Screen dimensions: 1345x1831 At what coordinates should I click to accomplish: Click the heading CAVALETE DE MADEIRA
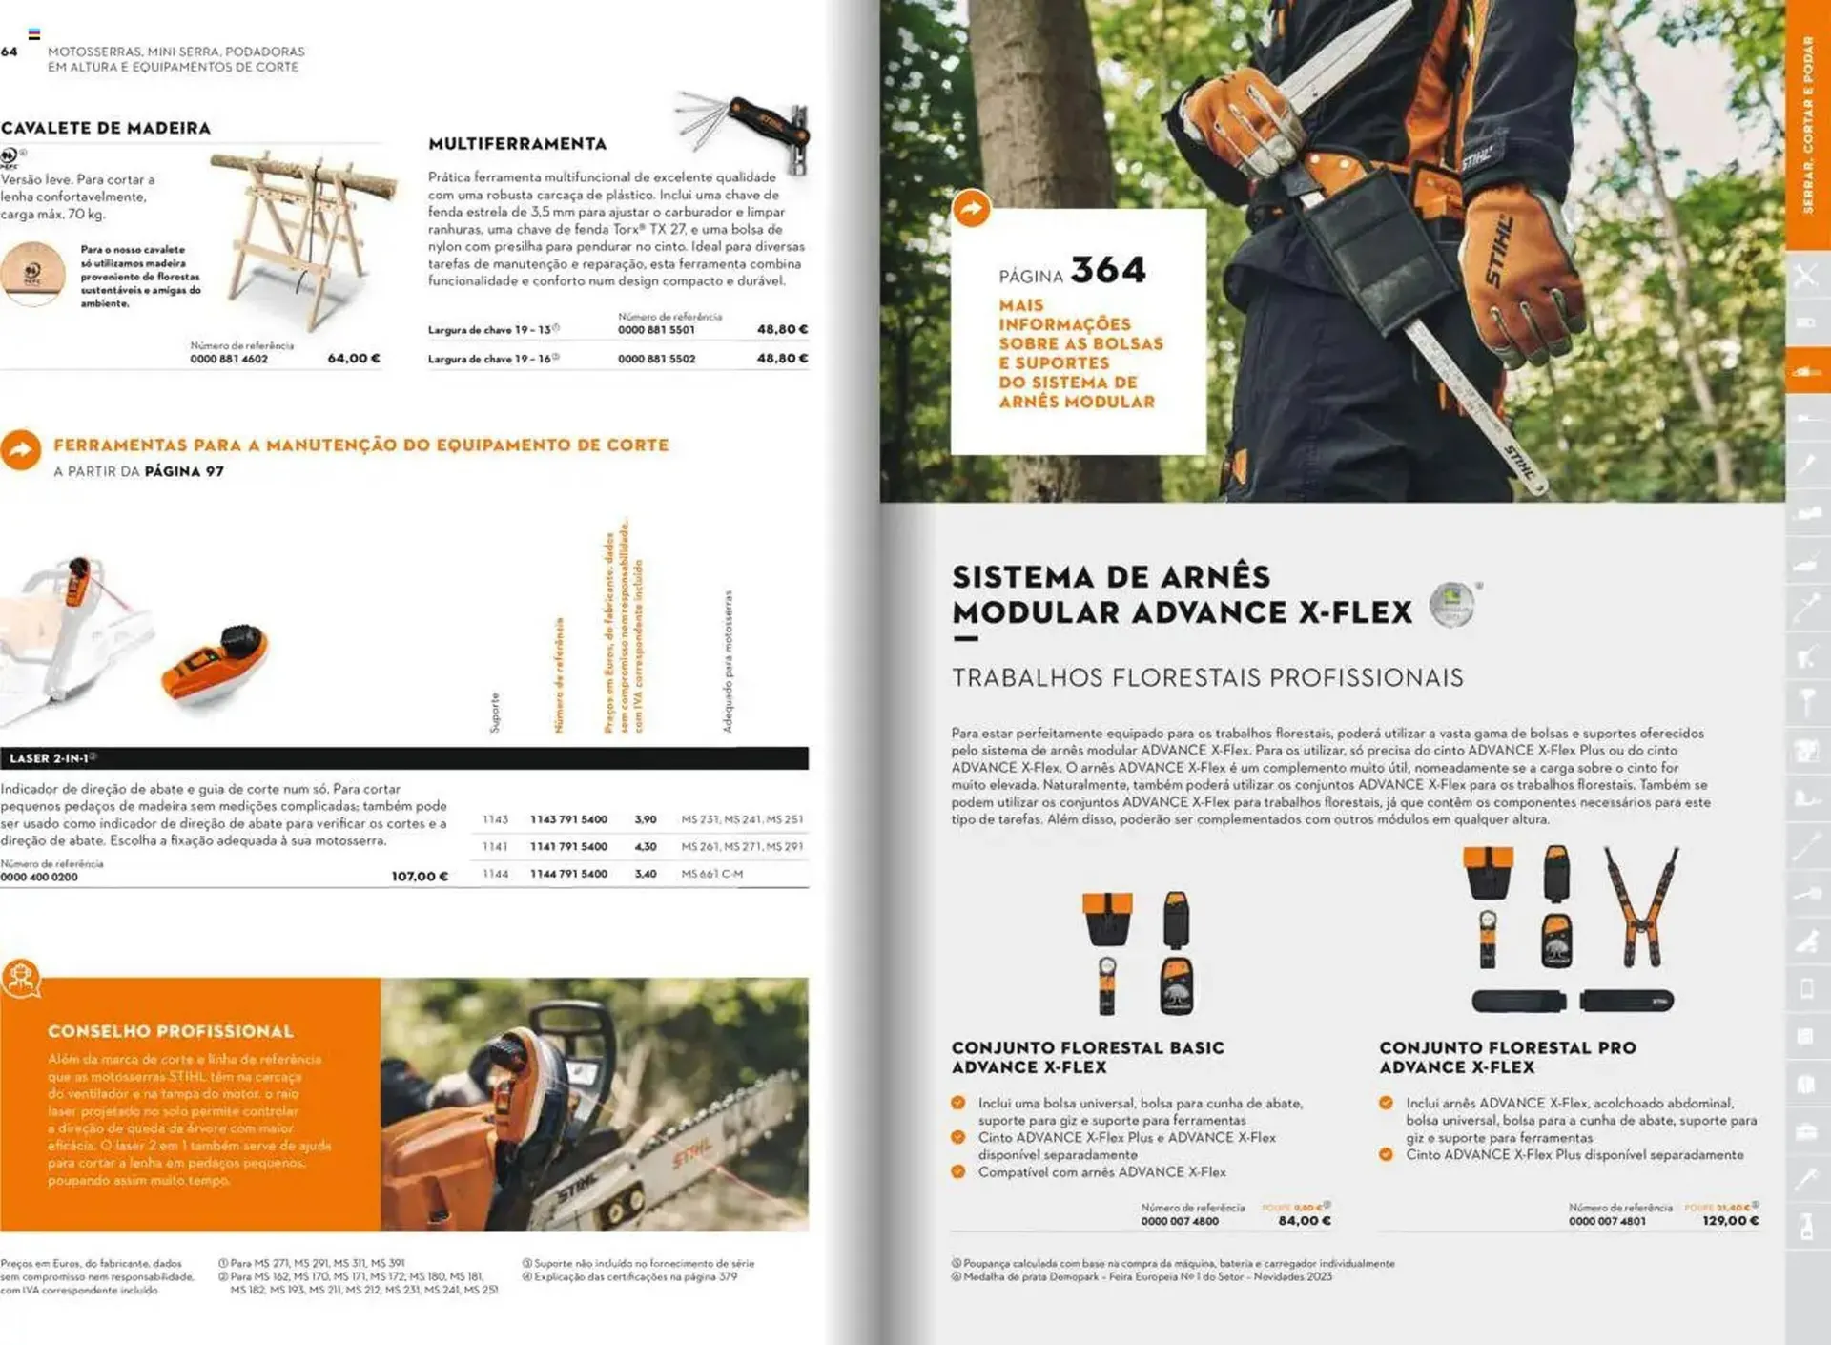(106, 128)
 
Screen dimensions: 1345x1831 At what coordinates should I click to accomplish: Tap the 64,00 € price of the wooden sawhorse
(354, 359)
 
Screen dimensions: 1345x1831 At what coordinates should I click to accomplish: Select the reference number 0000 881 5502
(656, 359)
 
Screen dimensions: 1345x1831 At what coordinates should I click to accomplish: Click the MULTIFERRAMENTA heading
(517, 144)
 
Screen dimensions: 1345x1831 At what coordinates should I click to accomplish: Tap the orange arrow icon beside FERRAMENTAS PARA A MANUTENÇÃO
(21, 450)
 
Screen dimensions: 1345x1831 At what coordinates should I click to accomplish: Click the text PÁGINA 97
(184, 471)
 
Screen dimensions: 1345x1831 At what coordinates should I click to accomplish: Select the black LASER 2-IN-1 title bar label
(51, 758)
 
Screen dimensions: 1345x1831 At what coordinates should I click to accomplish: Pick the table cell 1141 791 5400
(568, 846)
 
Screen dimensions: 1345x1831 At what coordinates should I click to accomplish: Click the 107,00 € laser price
(420, 876)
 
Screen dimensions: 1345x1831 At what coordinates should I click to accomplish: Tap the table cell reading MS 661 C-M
(711, 874)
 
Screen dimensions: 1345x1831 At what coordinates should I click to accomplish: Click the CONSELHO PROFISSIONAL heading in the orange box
(171, 1031)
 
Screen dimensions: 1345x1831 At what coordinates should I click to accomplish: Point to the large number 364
(1107, 270)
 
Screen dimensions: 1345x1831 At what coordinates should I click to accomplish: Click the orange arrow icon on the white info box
(972, 209)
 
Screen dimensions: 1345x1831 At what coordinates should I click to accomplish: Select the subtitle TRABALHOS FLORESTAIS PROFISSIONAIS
(1206, 678)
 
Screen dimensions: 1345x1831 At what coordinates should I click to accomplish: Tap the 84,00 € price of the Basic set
(1305, 1221)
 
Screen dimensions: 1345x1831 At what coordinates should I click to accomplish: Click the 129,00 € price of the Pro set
(1730, 1221)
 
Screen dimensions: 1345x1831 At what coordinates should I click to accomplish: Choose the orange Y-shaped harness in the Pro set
(1641, 905)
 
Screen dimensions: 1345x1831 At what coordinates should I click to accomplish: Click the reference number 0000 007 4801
(1607, 1221)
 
